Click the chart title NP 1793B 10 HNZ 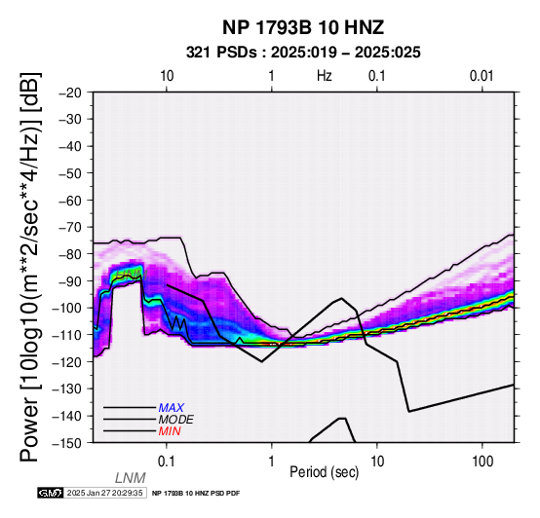click(303, 27)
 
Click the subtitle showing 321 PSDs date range click(303, 53)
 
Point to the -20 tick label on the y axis click(70, 92)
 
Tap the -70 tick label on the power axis click(70, 228)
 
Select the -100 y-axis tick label click(67, 308)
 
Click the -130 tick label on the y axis click(67, 388)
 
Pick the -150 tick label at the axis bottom click(67, 443)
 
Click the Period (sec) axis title click(324, 472)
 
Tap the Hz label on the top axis click(325, 76)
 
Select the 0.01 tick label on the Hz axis click(482, 76)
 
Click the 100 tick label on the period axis click(482, 462)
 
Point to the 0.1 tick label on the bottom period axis click(167, 462)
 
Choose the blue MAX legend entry click(172, 408)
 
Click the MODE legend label click(176, 420)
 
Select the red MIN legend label click(170, 431)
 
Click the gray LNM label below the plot click(131, 478)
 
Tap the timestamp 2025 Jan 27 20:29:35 click(104, 493)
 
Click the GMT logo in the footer click(51, 493)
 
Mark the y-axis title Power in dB click(29, 267)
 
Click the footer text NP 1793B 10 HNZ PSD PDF click(196, 494)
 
